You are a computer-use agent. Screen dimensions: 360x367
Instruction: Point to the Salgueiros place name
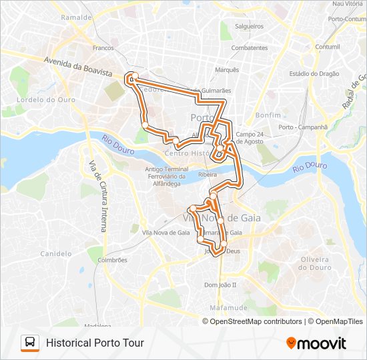click(250, 27)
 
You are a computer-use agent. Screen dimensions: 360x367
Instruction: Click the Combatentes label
click(249, 48)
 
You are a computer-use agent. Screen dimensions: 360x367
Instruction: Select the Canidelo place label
click(56, 253)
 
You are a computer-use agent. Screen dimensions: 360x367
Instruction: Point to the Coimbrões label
click(111, 260)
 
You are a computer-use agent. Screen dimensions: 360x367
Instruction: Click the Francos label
click(103, 48)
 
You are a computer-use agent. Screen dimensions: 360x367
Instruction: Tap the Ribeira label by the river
click(208, 174)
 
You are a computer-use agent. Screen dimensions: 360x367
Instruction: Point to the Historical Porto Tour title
click(95, 343)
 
